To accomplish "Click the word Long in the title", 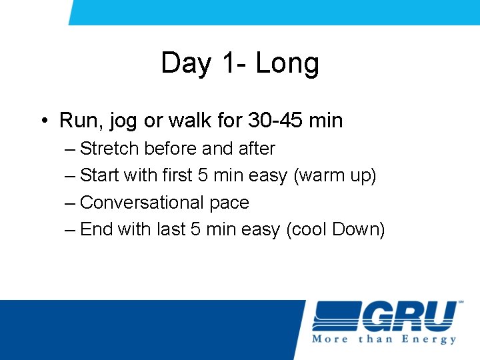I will [287, 64].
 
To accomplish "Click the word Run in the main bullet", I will [76, 121].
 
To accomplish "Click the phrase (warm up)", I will [335, 176].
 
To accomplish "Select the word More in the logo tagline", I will [331, 339].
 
